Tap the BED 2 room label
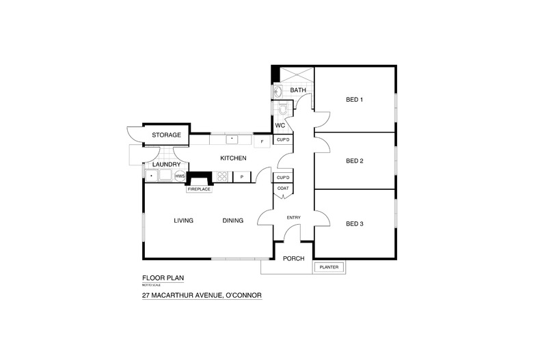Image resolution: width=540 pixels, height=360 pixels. (x=354, y=161)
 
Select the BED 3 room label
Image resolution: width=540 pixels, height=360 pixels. (x=354, y=224)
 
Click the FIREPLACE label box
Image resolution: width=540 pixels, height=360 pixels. (x=200, y=189)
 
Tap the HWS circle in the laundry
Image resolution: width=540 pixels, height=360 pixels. (x=180, y=176)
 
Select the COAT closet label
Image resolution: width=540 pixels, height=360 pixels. (x=283, y=189)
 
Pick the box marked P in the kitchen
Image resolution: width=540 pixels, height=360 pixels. (x=242, y=176)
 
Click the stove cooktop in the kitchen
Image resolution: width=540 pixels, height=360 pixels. (x=223, y=176)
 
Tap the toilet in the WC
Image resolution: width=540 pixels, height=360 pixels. (x=283, y=109)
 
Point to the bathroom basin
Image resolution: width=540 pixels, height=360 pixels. (x=278, y=92)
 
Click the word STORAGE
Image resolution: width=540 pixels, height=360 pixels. (x=167, y=135)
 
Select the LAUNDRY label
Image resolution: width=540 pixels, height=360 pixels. (x=166, y=165)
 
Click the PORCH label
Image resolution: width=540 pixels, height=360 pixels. (x=294, y=258)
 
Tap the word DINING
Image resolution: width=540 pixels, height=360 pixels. (x=234, y=221)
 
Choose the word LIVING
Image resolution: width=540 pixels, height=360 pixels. (x=184, y=221)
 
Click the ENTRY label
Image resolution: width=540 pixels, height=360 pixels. (x=294, y=218)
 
